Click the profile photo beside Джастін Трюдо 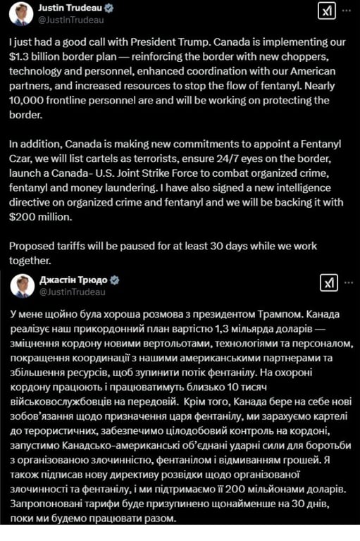21,283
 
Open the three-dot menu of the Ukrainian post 347,282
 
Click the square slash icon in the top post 326,12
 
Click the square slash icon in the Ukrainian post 328,282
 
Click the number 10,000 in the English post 29,101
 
